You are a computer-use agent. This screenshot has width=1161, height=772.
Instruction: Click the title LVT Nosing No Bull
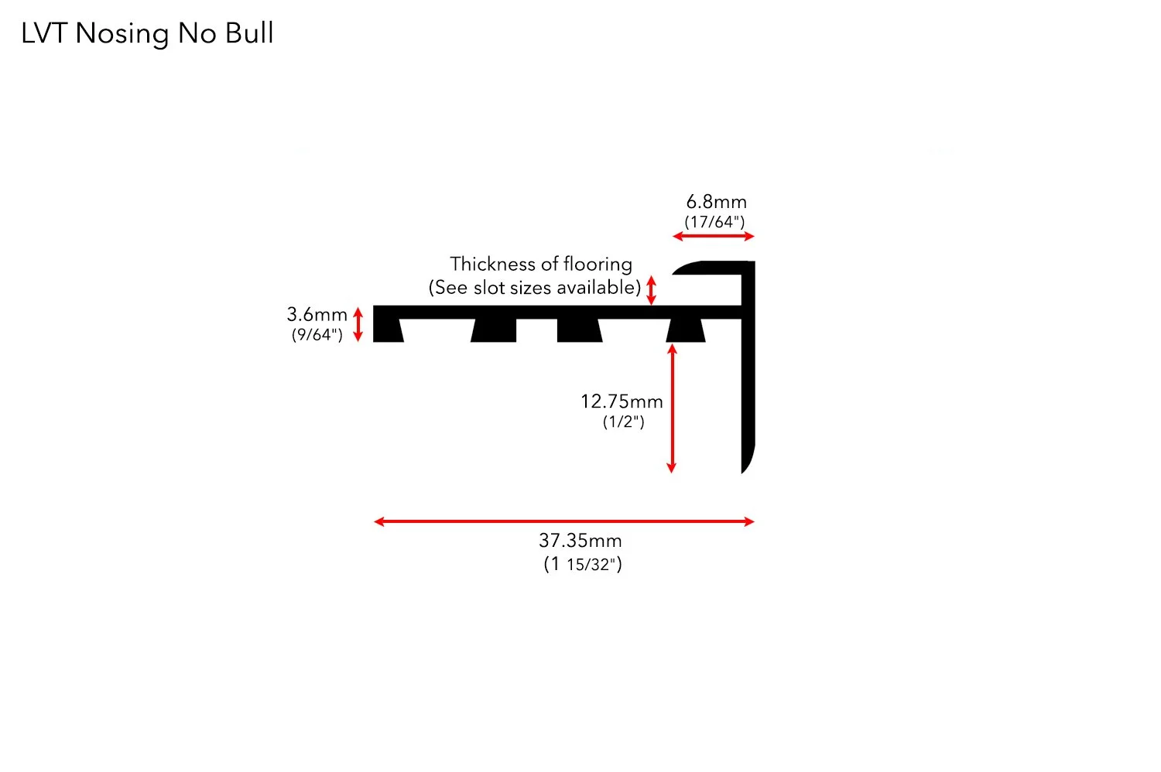[x=147, y=33]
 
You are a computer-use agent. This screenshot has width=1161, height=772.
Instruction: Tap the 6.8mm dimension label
[x=716, y=202]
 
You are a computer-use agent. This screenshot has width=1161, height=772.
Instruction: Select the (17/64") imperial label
[x=714, y=222]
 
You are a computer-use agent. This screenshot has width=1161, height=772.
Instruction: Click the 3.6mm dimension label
[x=317, y=314]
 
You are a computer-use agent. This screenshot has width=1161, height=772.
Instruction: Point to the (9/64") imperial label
[x=317, y=334]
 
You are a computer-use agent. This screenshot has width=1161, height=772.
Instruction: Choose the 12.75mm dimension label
[x=622, y=401]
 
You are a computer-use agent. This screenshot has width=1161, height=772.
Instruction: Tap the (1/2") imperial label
[x=623, y=422]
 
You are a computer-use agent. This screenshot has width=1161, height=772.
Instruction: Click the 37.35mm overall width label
[x=580, y=541]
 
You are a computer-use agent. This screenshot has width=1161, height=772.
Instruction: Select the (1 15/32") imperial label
[x=583, y=564]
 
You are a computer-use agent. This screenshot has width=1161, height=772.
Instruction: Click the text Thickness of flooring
[x=541, y=264]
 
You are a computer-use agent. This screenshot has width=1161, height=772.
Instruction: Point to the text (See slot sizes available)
[x=535, y=288]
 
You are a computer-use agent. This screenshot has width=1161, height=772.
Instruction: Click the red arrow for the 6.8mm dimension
[x=713, y=236]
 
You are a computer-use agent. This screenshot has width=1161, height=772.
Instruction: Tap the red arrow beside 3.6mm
[x=358, y=324]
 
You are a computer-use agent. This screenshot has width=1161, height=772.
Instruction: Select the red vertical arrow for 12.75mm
[x=671, y=408]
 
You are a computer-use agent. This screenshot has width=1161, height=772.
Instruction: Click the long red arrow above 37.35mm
[x=563, y=521]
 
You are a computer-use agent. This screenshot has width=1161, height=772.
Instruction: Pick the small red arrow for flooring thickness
[x=652, y=290]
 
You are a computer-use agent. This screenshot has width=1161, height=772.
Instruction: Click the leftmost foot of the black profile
[x=388, y=330]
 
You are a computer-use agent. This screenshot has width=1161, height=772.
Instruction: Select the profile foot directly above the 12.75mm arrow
[x=685, y=330]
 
